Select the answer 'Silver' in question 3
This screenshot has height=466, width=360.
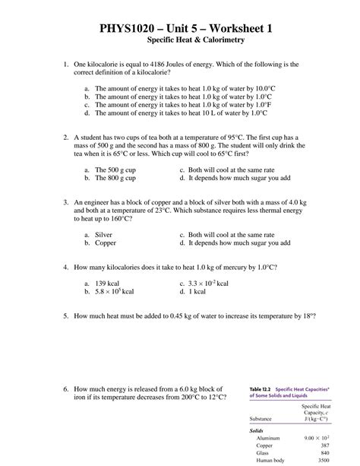(103, 236)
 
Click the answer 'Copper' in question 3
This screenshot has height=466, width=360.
(105, 245)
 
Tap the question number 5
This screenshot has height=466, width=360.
(67, 314)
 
